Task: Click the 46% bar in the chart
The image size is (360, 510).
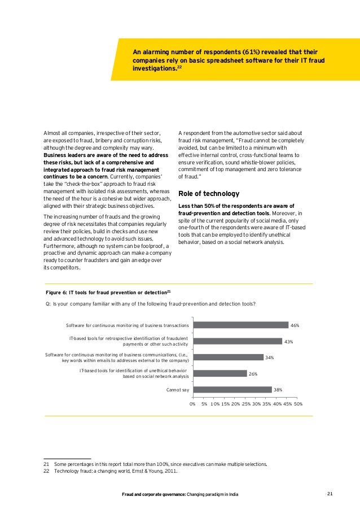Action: [240, 325]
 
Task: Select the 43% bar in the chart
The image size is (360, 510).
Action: [237, 341]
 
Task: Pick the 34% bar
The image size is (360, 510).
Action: [228, 357]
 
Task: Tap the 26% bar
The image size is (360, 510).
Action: [219, 373]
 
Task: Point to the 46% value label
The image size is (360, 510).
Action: [294, 326]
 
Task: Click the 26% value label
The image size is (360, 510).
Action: [253, 374]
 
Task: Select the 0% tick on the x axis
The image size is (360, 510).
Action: [192, 404]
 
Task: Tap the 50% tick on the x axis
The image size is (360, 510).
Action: [298, 404]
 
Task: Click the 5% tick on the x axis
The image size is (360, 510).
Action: [204, 404]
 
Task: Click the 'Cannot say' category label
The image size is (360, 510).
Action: [177, 390]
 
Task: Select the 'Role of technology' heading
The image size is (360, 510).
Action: [204, 193]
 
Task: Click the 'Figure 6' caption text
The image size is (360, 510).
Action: [108, 293]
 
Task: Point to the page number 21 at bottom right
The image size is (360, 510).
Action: [331, 494]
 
